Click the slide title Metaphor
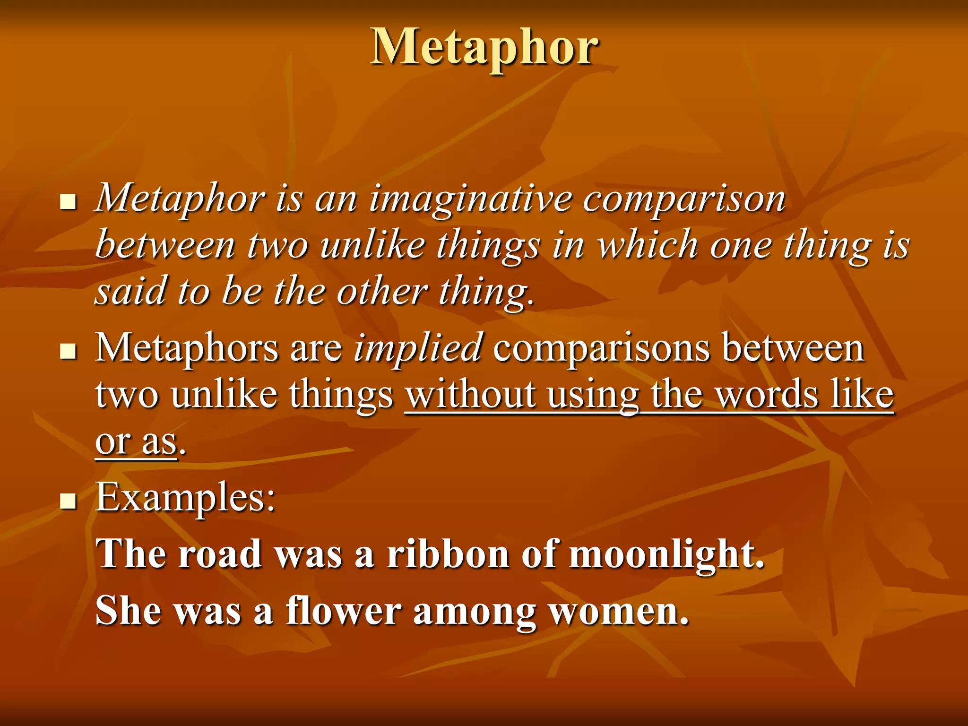click(x=484, y=47)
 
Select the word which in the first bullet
click(x=648, y=246)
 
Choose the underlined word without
click(x=470, y=395)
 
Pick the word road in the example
click(x=220, y=553)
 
